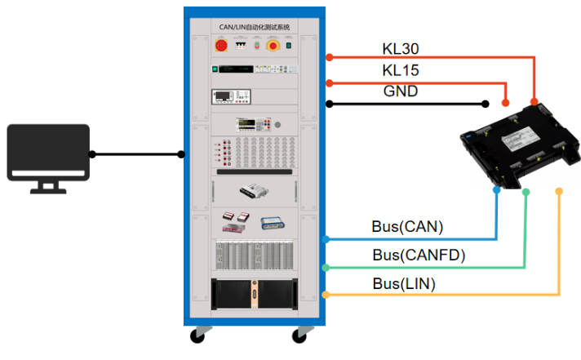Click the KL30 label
[x=401, y=48]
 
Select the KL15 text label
[x=401, y=71]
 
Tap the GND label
[x=401, y=91]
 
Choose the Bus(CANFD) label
[x=419, y=256]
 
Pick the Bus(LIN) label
[x=404, y=283]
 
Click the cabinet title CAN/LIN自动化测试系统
[x=255, y=27]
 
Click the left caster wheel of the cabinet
[x=197, y=335]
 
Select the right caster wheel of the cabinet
[x=302, y=335]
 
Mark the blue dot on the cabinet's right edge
[x=326, y=239]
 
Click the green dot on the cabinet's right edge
[x=326, y=267]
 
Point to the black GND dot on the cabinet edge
[x=329, y=104]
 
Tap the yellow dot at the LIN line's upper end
[x=559, y=191]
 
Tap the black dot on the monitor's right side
[x=93, y=153]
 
